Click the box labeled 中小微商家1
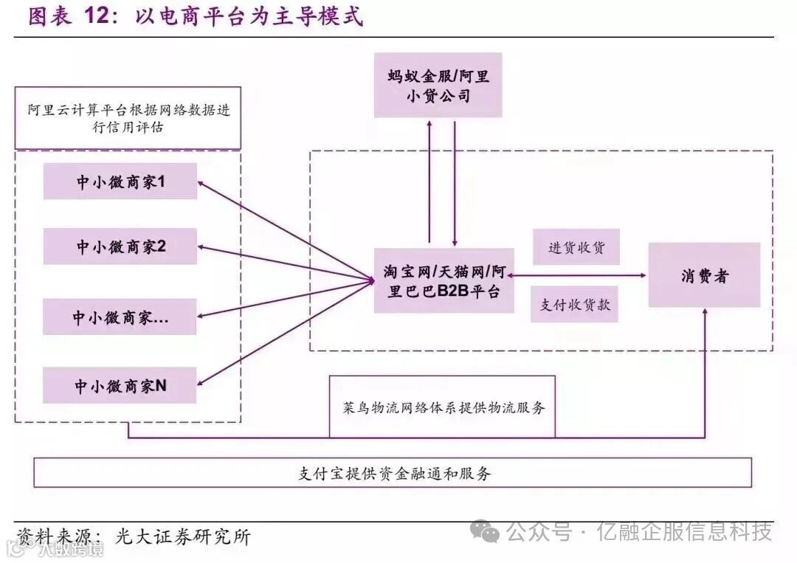(120, 182)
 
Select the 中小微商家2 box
(120, 246)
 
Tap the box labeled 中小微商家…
(120, 317)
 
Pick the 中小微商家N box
(120, 385)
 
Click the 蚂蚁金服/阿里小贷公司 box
(438, 85)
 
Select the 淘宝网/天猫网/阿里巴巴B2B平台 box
(444, 280)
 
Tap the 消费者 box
(704, 275)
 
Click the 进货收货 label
(576, 247)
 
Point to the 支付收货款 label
(574, 304)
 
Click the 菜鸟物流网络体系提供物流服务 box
(443, 407)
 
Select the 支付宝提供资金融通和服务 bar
(393, 472)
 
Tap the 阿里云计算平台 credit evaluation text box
(128, 118)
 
